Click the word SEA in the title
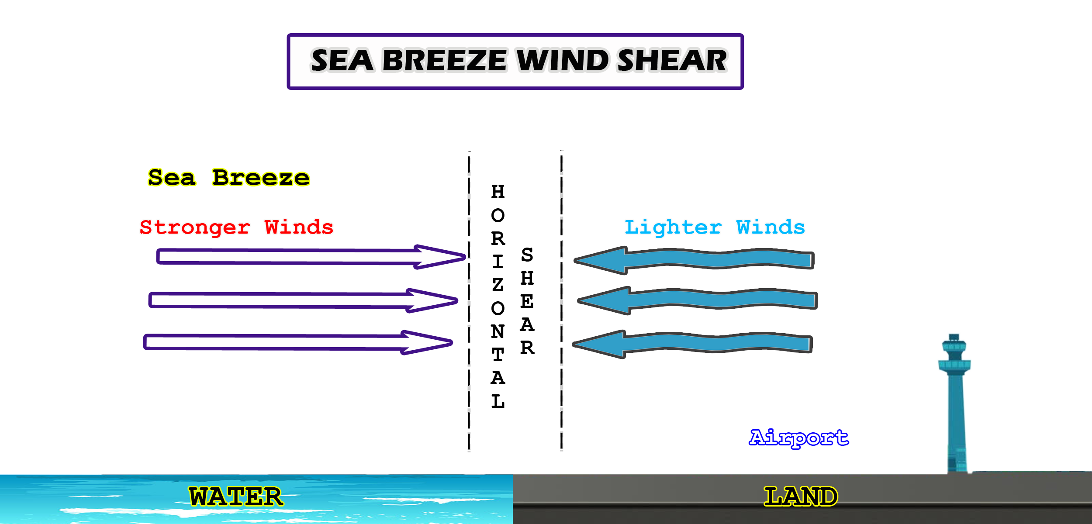342,60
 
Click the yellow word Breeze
261,178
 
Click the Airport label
799,438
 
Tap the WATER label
236,497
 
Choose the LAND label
801,497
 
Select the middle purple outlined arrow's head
432,300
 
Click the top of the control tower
954,336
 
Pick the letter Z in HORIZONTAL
498,285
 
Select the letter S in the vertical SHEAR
527,255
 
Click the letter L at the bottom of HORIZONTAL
498,401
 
